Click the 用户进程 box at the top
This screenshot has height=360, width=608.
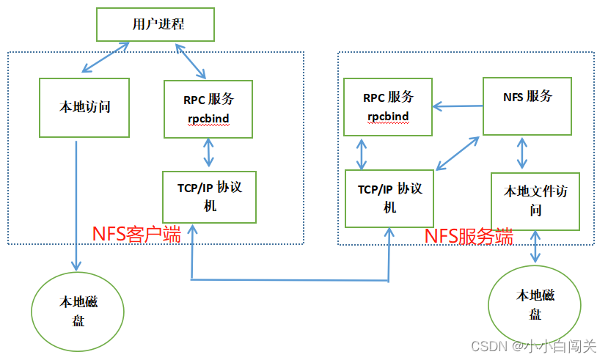pos(155,24)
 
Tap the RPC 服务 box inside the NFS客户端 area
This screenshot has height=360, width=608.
pos(209,109)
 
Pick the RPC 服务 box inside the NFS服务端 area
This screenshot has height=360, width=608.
pos(387,107)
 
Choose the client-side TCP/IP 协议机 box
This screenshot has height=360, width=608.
pos(209,196)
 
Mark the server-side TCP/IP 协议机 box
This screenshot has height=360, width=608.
pos(389,197)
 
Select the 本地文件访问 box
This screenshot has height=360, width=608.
pos(535,201)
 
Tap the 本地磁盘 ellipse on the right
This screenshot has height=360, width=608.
pos(535,306)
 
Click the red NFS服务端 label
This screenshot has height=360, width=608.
pos(469,236)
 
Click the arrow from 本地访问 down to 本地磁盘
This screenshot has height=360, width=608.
pos(76,205)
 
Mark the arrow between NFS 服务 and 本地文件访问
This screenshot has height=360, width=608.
pos(521,153)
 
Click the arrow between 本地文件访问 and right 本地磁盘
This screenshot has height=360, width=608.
pos(536,246)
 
